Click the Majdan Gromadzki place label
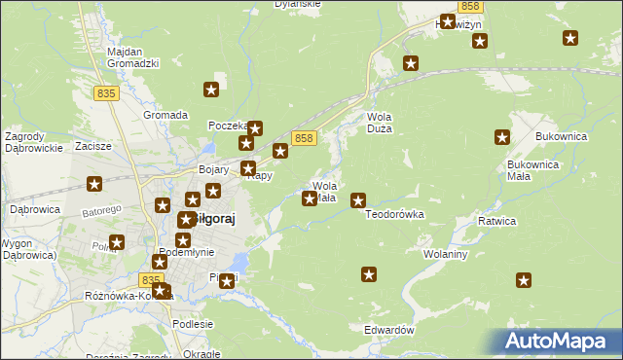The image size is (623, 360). tap(133, 56)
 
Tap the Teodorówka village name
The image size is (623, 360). tap(394, 214)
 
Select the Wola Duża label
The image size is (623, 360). tap(379, 123)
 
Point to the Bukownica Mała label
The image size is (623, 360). tap(532, 170)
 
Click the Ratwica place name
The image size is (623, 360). tap(495, 221)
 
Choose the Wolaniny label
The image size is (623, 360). tap(446, 254)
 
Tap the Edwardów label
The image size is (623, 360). tap(389, 331)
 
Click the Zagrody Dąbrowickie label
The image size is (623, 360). tap(34, 142)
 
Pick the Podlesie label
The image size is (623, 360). tap(192, 324)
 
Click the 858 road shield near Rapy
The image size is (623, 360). tap(304, 139)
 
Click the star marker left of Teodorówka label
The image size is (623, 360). tap(358, 200)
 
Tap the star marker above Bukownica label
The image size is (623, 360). tap(503, 137)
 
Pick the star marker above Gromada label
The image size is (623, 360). tap(211, 90)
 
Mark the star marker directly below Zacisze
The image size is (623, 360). tap(94, 183)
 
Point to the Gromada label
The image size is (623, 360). tap(165, 115)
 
